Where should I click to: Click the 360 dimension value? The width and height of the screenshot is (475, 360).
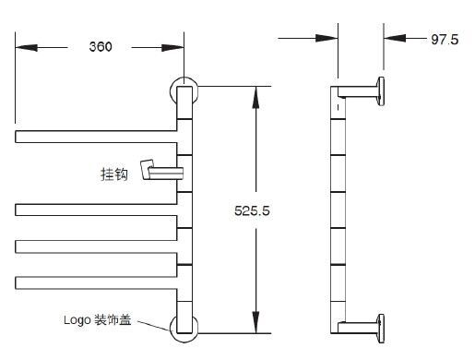coord(101,46)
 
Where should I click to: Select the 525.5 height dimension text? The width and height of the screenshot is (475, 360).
coord(252,210)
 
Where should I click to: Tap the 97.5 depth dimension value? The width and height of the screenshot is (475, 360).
coord(445,40)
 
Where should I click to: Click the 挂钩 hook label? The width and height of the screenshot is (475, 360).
coord(113,174)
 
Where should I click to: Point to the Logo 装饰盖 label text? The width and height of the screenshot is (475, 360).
coord(98,319)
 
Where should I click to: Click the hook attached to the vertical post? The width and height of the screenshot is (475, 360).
coord(161,170)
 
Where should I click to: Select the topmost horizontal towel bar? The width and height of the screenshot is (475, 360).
coord(96,137)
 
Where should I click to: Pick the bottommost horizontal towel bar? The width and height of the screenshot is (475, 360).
coord(96,282)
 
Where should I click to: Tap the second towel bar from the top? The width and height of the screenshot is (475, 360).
coord(96,210)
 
